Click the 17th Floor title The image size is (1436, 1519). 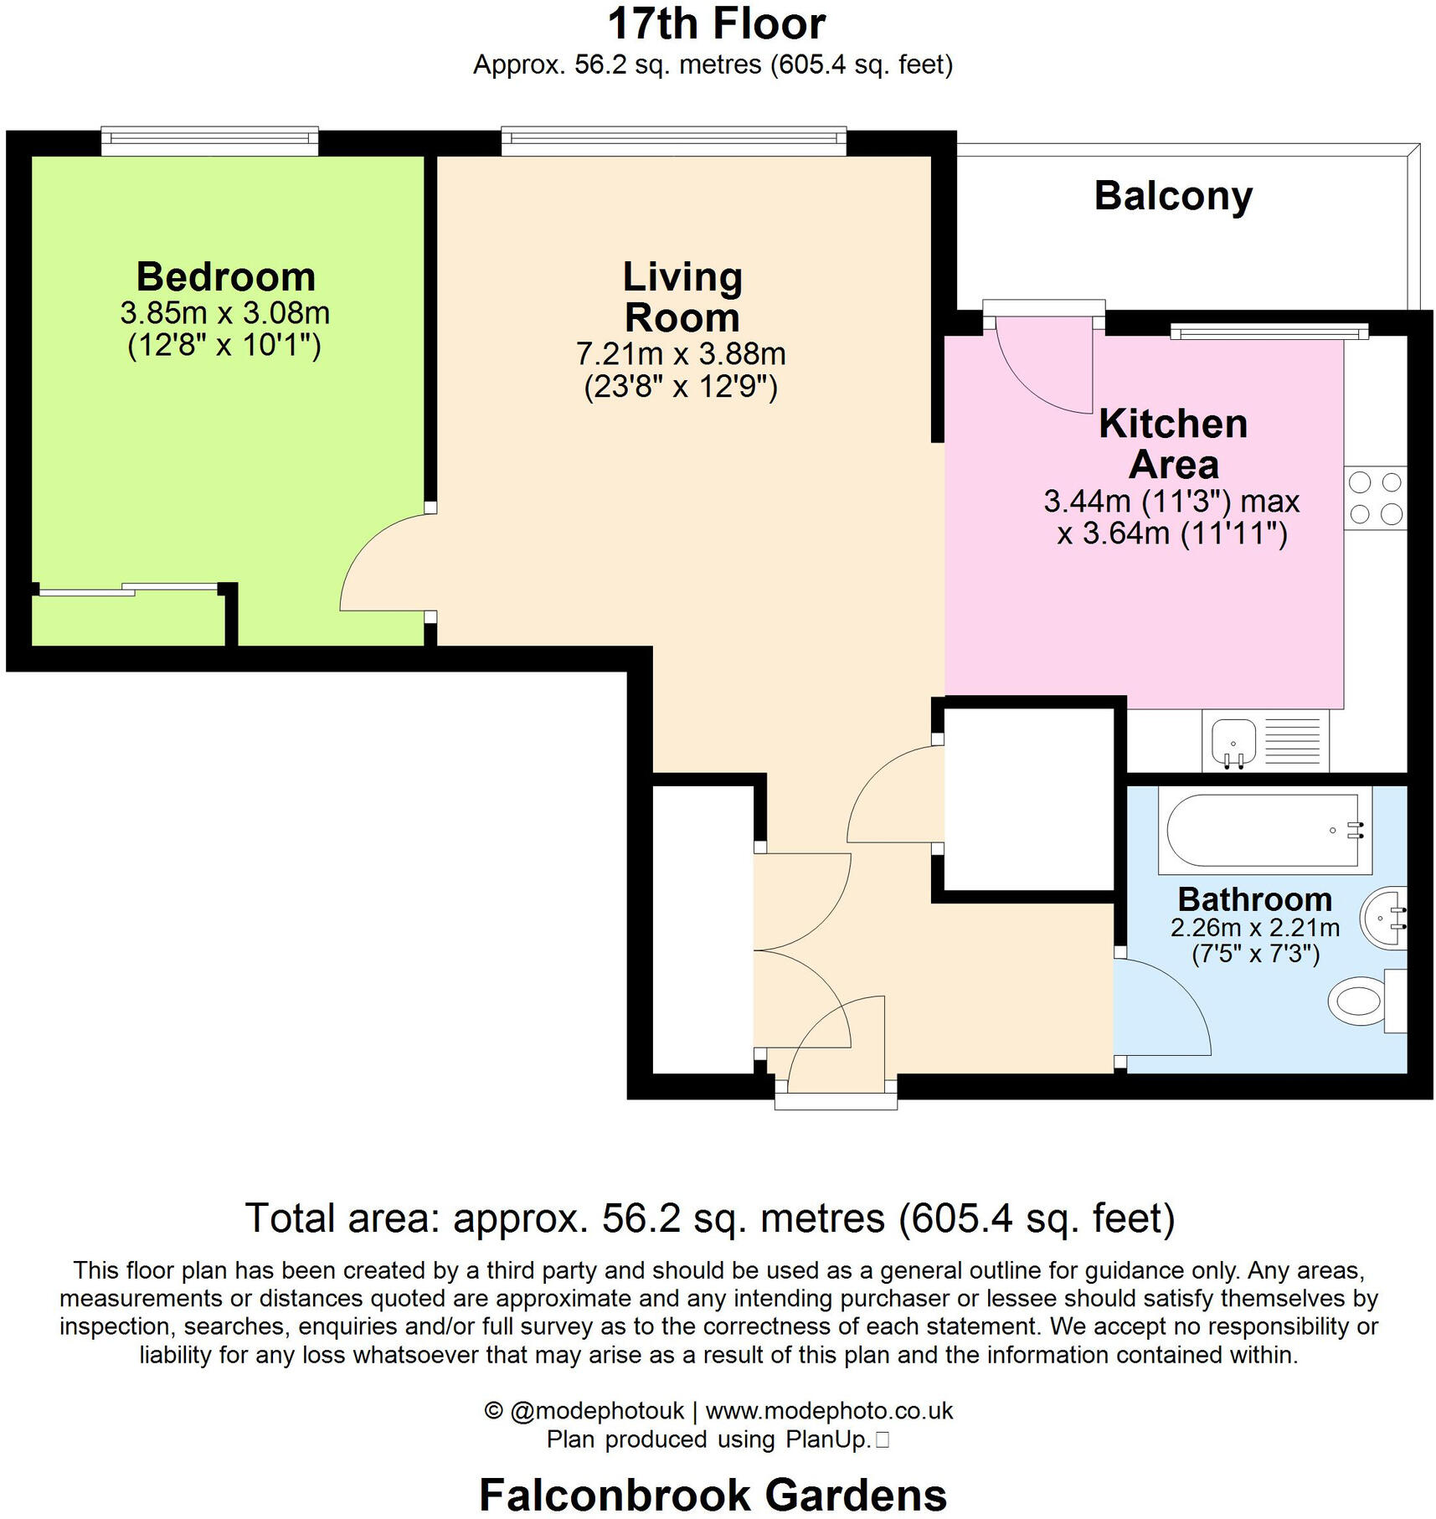(716, 23)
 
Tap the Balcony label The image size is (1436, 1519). (1172, 196)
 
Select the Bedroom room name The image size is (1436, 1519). (225, 276)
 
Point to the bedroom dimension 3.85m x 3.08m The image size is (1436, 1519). (224, 313)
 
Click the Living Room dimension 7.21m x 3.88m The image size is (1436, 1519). (680, 354)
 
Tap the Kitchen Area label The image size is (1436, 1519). (1172, 444)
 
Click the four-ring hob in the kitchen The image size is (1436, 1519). (1375, 498)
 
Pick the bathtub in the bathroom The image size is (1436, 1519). (1263, 830)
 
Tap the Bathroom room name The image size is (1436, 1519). (1254, 899)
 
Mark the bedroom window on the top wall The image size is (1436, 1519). (209, 141)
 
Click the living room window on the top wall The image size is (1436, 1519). (673, 141)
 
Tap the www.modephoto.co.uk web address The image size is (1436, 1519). (829, 1411)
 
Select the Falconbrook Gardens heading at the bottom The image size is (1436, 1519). (713, 1495)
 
